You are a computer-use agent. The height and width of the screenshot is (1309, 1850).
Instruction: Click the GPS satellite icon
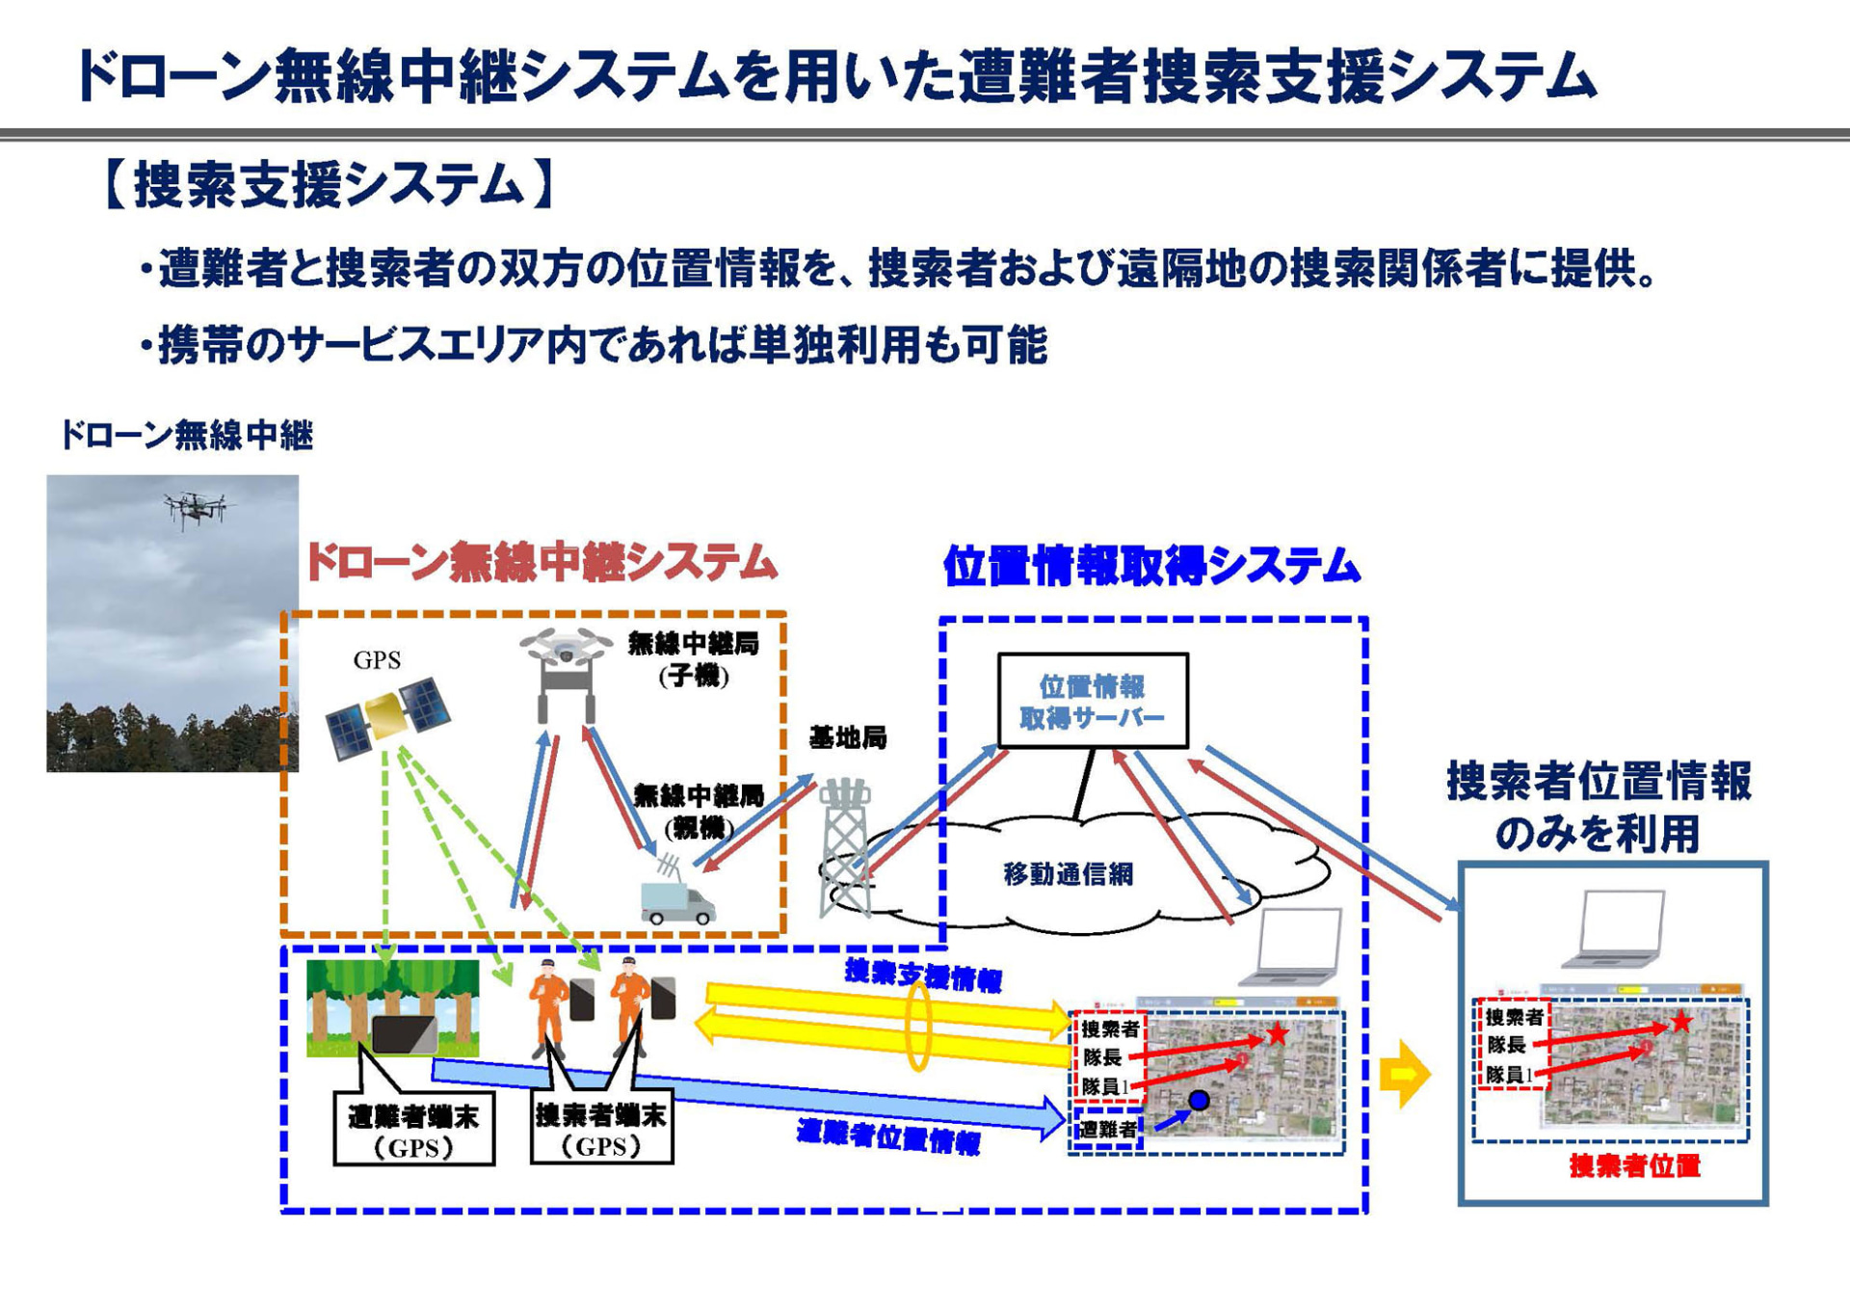pyautogui.click(x=387, y=717)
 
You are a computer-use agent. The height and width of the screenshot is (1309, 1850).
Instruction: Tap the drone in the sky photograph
pyautogui.click(x=197, y=507)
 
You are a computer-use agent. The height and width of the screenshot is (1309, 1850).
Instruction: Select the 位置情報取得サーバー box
pyautogui.click(x=1093, y=701)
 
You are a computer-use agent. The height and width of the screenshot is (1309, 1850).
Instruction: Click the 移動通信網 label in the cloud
pyautogui.click(x=1068, y=874)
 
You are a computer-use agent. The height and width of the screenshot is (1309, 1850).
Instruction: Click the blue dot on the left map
pyautogui.click(x=1199, y=1100)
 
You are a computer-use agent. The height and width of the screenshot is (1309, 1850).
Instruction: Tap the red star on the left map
pyautogui.click(x=1278, y=1034)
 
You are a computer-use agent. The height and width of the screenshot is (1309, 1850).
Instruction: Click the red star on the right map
pyautogui.click(x=1681, y=1022)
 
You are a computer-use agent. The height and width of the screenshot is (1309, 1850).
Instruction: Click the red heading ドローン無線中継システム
pyautogui.click(x=542, y=563)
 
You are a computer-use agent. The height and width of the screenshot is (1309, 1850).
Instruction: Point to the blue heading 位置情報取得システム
pyautogui.click(x=1151, y=566)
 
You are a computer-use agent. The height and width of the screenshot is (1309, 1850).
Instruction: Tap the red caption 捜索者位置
pyautogui.click(x=1634, y=1166)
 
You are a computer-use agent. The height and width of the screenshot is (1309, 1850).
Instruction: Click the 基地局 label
pyautogui.click(x=847, y=738)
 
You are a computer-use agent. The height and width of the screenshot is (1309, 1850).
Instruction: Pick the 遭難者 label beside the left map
pyautogui.click(x=1107, y=1129)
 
